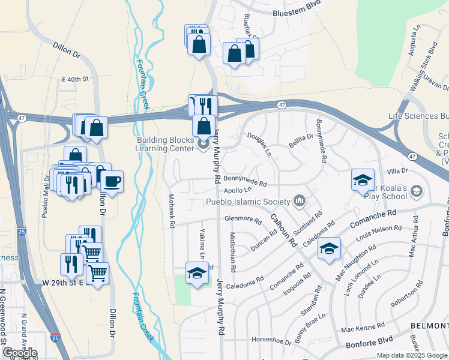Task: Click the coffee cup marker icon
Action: [111, 181]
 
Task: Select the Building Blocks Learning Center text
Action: [165, 143]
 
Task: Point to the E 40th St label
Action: [75, 79]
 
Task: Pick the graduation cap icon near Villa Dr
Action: [363, 180]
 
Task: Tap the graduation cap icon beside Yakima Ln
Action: [196, 273]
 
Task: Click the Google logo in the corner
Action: [19, 353]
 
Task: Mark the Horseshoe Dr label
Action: [271, 340]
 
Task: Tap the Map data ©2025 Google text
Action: [411, 355]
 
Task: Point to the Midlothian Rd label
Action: [232, 253]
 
